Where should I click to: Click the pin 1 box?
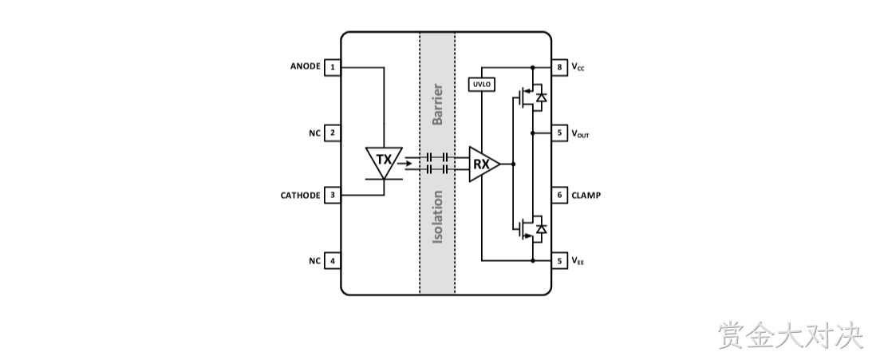click(x=333, y=68)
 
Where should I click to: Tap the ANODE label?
click(x=305, y=66)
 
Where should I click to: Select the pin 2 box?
click(x=333, y=133)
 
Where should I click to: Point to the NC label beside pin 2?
click(x=314, y=133)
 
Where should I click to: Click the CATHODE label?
click(x=300, y=196)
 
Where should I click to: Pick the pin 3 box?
click(x=333, y=195)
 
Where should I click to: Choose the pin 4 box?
click(x=333, y=260)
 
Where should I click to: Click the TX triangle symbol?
click(x=384, y=161)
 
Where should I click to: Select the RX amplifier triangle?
click(x=483, y=164)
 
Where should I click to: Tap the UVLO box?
click(x=482, y=85)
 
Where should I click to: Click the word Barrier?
click(x=437, y=105)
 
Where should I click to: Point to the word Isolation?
click(x=437, y=217)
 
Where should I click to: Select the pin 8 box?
click(x=559, y=68)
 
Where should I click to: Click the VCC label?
click(x=578, y=67)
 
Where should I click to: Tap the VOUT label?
click(x=580, y=133)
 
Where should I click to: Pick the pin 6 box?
click(x=559, y=195)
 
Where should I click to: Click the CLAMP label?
click(x=586, y=196)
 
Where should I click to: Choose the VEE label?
click(x=578, y=260)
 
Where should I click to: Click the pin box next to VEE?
click(x=559, y=260)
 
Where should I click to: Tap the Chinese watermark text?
click(x=791, y=334)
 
